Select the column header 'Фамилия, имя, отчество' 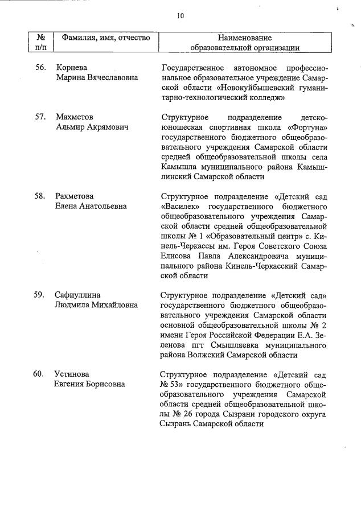[105, 38]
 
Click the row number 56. [40, 67]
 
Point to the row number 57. [40, 117]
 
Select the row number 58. [40, 196]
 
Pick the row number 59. [40, 295]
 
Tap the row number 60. [40, 374]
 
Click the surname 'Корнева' [70, 67]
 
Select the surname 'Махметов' [75, 117]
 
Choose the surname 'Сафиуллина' [77, 295]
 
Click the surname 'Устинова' [72, 374]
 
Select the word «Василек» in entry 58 [181, 206]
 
